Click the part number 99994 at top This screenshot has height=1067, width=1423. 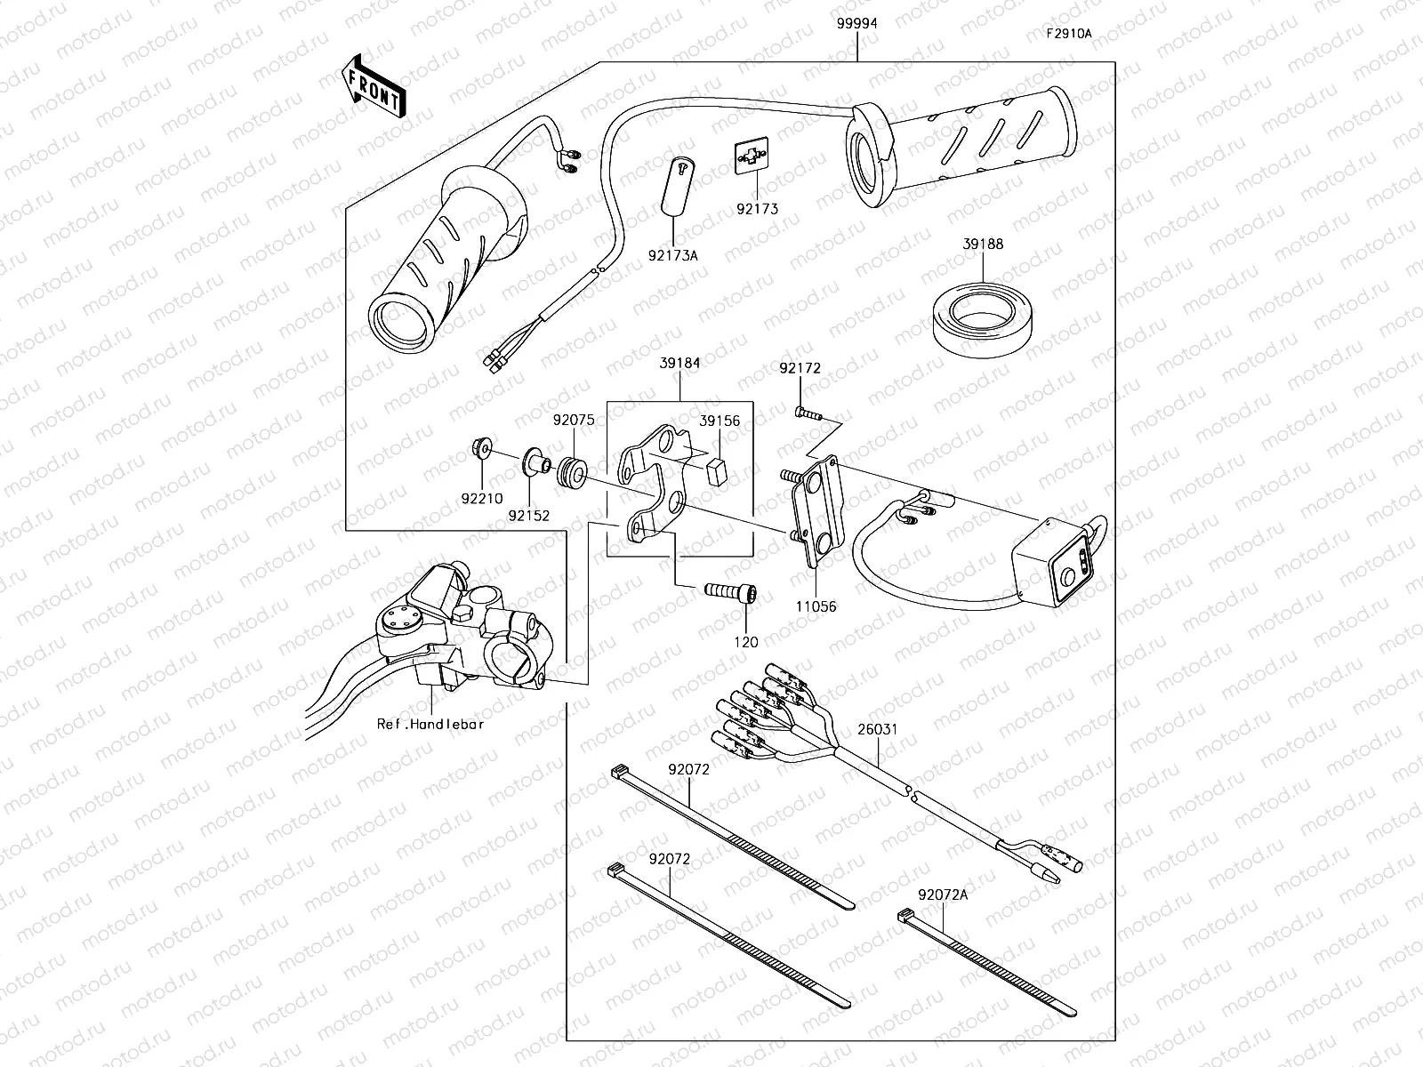[856, 24]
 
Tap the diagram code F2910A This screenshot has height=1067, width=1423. [1068, 34]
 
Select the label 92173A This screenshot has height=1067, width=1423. [672, 255]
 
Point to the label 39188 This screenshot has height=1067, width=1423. [982, 244]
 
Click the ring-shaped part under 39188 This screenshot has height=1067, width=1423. [983, 317]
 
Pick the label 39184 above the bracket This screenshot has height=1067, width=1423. [679, 363]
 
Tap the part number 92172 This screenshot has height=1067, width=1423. [800, 367]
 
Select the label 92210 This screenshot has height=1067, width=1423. [481, 499]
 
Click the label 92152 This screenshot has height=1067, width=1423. [529, 515]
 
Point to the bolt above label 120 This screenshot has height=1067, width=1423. [729, 590]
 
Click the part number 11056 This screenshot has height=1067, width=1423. [816, 606]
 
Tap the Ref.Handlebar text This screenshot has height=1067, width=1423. [430, 724]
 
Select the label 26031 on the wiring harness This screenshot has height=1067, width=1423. [878, 729]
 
